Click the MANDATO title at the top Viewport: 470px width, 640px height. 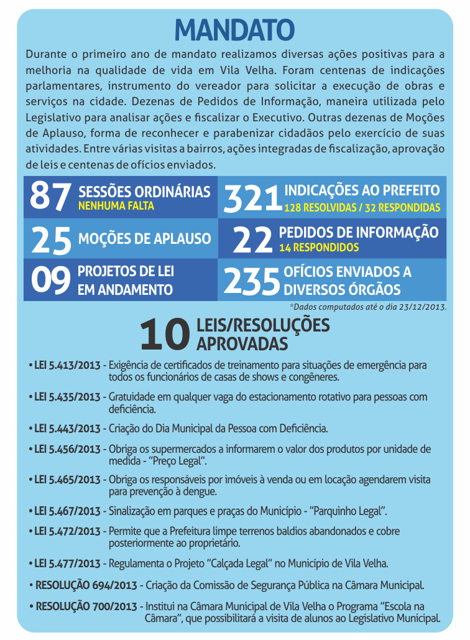pos(234,29)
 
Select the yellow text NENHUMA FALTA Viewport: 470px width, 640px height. pos(116,205)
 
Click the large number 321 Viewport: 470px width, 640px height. pos(252,198)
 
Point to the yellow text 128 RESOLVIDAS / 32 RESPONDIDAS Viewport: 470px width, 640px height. pos(362,207)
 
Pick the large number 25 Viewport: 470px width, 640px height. pos(51,239)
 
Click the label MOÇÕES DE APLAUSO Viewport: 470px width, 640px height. pos(144,239)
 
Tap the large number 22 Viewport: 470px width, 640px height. pos(252,239)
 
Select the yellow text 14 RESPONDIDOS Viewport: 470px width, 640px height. pos(319,247)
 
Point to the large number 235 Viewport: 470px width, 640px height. pos(251,281)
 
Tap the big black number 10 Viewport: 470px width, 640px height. pos(164,335)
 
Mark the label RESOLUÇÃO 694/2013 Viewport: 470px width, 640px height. pos(87,585)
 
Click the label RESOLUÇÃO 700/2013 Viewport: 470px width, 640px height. pos(87,606)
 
